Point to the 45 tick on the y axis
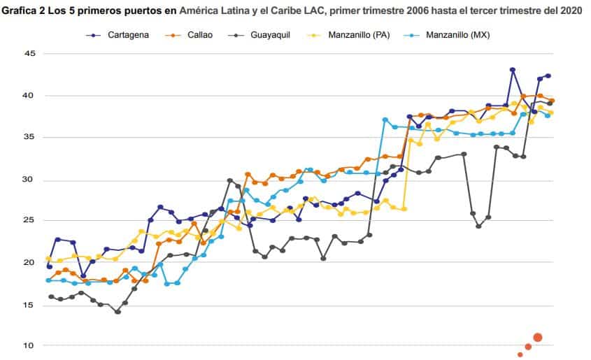pos(29,53)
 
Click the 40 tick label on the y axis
pos(29,95)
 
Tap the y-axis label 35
pos(29,137)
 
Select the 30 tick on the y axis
pos(29,180)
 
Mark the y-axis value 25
pos(29,221)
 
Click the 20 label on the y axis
pos(29,263)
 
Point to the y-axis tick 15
pos(29,305)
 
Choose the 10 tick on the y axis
pos(29,345)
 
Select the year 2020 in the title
pos(569,11)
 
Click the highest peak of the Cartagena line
pos(513,70)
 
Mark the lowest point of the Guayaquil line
pos(118,312)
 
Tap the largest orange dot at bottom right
pos(538,338)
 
